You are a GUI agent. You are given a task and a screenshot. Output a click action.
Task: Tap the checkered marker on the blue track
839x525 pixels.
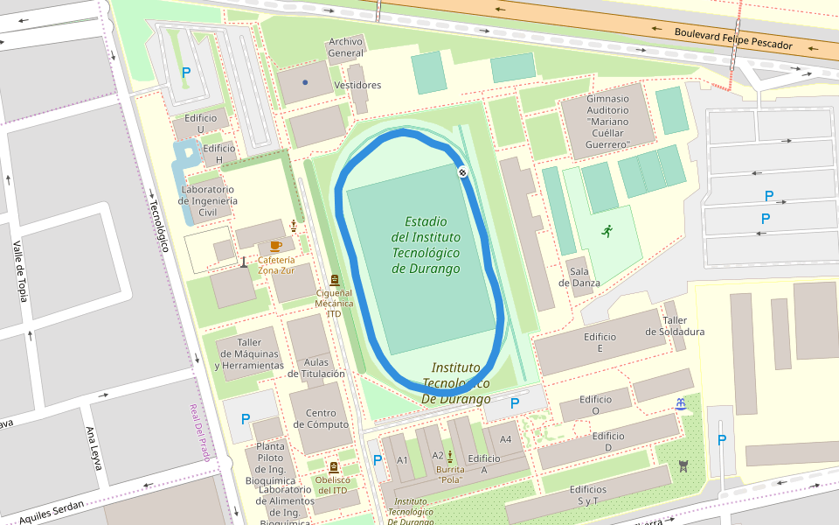462,172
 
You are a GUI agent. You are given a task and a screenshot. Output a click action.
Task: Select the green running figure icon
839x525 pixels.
607,231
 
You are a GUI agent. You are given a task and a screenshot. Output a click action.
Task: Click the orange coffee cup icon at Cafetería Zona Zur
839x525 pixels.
275,246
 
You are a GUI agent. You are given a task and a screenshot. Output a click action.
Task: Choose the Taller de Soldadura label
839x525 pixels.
675,326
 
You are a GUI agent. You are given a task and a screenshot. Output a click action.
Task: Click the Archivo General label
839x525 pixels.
345,47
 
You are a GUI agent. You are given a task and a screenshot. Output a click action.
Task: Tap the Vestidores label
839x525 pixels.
358,85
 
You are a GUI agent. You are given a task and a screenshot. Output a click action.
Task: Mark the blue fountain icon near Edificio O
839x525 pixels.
680,403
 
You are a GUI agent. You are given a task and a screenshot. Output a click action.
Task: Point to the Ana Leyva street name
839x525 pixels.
94,448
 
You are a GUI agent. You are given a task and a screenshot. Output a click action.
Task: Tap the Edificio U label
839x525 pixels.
200,123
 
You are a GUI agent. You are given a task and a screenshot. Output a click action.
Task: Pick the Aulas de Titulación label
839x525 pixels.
315,367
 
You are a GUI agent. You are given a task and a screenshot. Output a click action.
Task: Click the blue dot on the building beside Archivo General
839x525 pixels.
305,82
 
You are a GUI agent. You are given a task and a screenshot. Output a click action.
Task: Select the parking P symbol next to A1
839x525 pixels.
378,459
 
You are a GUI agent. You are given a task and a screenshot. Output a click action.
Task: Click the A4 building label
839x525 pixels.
505,439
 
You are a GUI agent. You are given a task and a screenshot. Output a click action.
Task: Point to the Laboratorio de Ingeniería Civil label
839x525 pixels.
208,200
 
